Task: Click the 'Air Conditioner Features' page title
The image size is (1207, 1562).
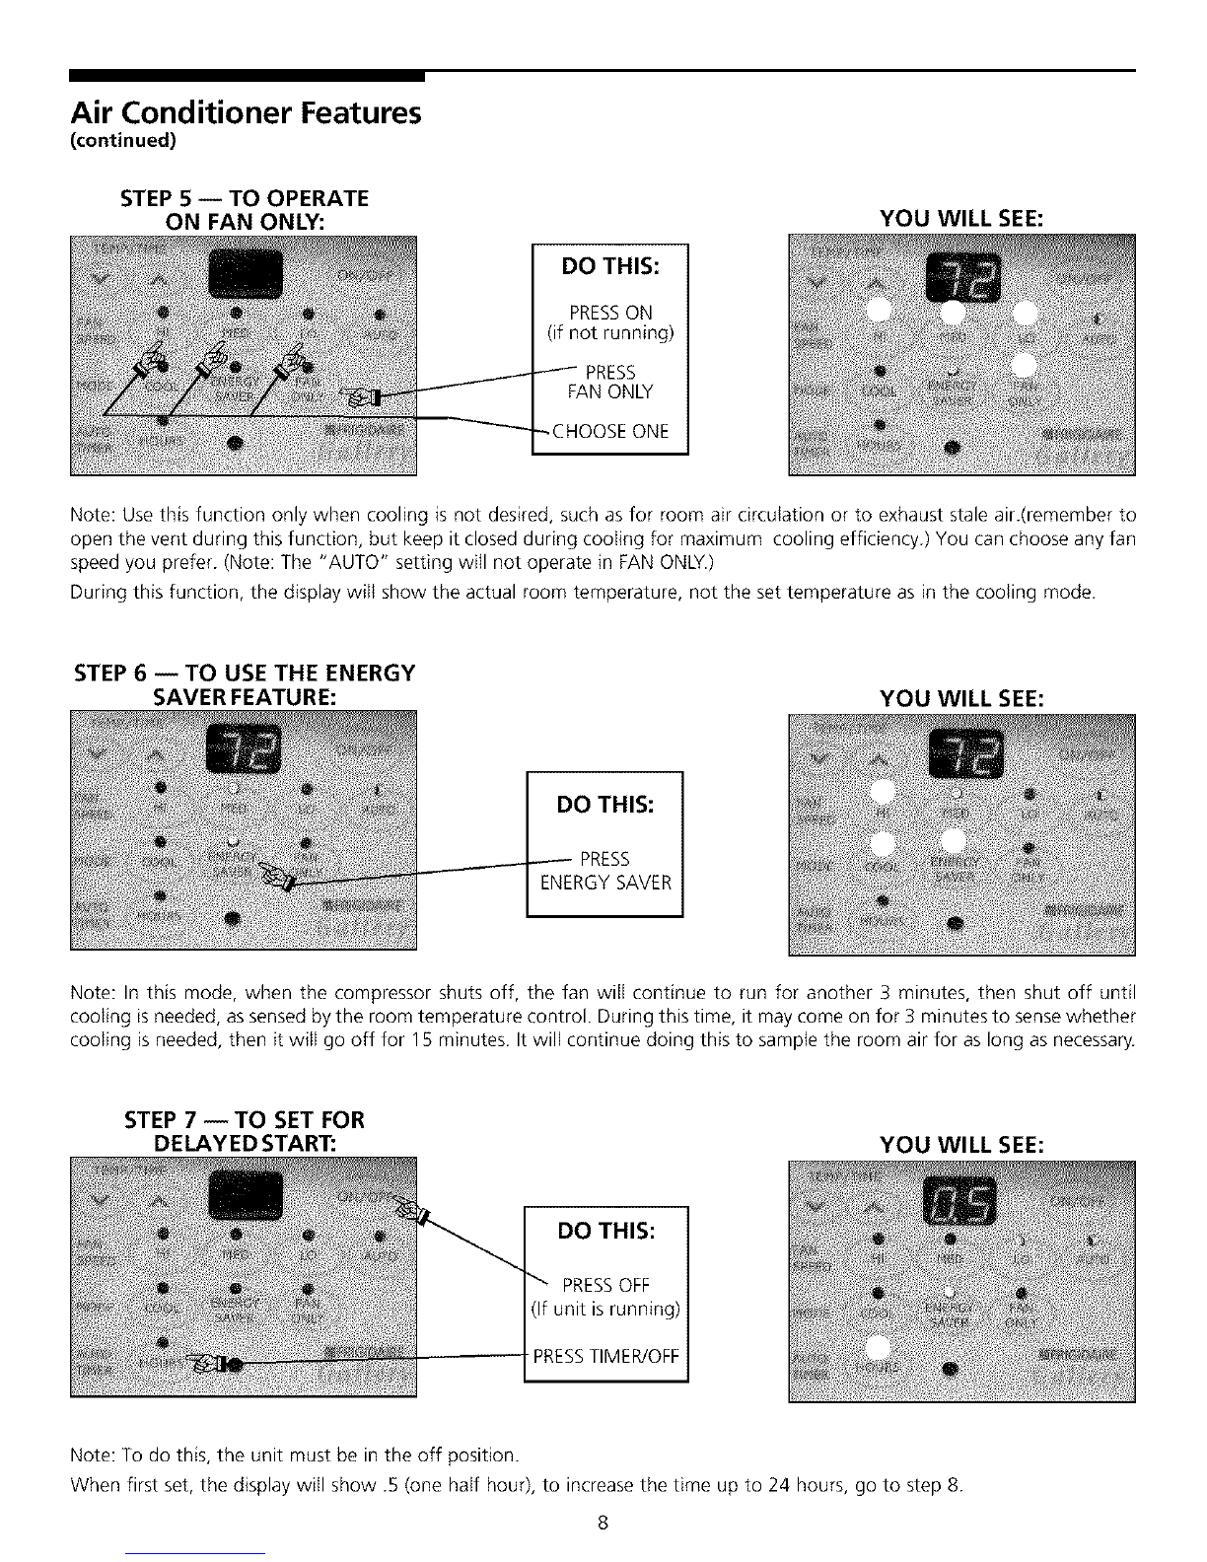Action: tap(246, 113)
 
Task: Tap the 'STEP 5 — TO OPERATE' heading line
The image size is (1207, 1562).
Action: tap(243, 198)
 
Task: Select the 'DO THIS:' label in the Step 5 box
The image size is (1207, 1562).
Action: tap(609, 267)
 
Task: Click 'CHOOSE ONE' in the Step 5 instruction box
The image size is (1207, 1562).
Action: tap(609, 431)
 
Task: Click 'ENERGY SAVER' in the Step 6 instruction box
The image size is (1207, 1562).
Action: tap(605, 883)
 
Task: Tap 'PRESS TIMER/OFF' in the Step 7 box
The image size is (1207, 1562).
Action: tap(605, 1355)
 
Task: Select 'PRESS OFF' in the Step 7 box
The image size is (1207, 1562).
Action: tap(605, 1285)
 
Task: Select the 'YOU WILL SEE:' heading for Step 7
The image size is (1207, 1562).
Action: tap(958, 1144)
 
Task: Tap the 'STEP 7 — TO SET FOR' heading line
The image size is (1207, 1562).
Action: tap(245, 1120)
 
